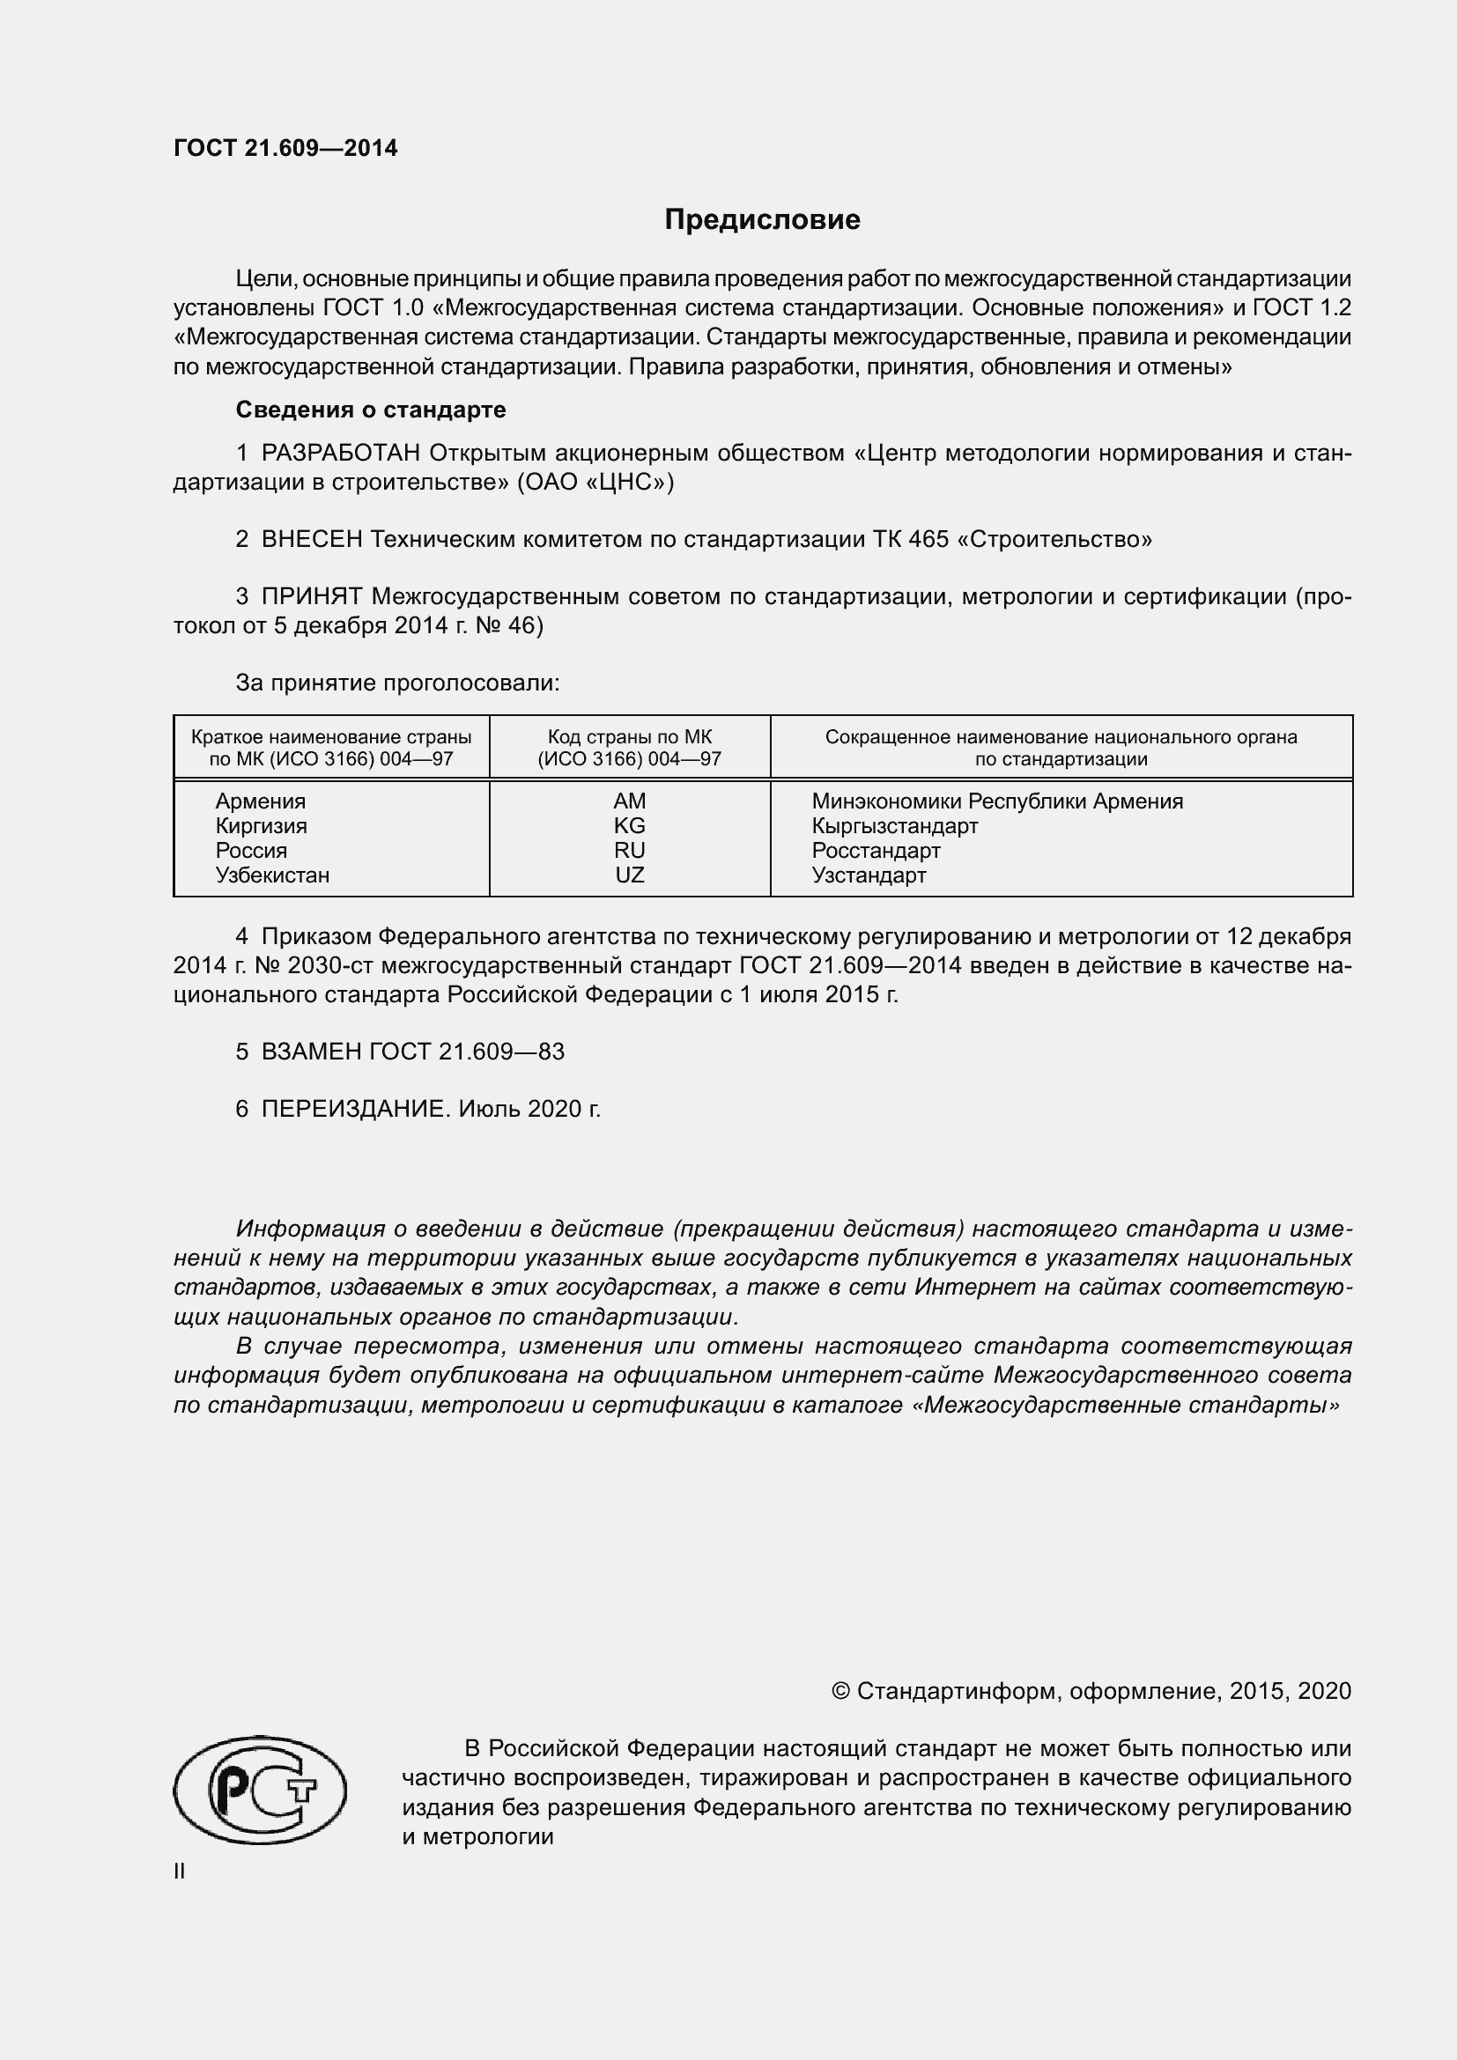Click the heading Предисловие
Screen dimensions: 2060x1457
pyautogui.click(x=762, y=220)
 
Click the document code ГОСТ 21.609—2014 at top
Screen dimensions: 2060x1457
pyautogui.click(x=285, y=148)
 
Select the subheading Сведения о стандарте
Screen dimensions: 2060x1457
pyautogui.click(x=371, y=410)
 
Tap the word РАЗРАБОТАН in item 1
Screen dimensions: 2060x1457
pyautogui.click(x=340, y=453)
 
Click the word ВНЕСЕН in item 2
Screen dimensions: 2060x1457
pyautogui.click(x=311, y=539)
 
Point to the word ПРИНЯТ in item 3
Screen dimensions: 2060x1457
pyautogui.click(x=311, y=596)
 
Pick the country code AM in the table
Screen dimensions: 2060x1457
pyautogui.click(x=629, y=801)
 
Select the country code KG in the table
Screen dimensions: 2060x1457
pyautogui.click(x=629, y=825)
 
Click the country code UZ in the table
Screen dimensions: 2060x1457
pyautogui.click(x=629, y=875)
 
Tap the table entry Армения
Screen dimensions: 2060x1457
pyautogui.click(x=260, y=801)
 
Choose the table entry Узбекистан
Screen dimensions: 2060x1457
pyautogui.click(x=272, y=875)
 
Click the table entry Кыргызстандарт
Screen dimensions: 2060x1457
pyautogui.click(x=894, y=825)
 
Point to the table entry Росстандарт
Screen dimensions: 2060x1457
pyautogui.click(x=876, y=851)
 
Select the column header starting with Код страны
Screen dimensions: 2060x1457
pyautogui.click(x=629, y=748)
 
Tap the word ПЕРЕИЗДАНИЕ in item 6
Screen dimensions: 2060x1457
pyautogui.click(x=354, y=1109)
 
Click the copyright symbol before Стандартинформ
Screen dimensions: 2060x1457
pyautogui.click(x=839, y=1691)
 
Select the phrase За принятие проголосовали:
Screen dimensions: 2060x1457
pyautogui.click(x=397, y=683)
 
